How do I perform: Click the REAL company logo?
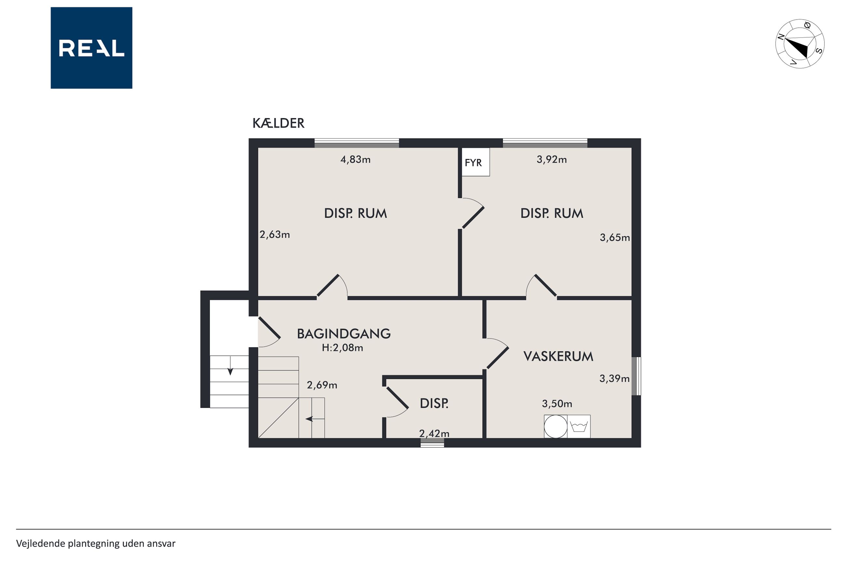pos(91,48)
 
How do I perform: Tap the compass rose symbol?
pos(799,44)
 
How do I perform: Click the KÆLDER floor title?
pos(278,123)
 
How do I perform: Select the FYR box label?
pos(473,163)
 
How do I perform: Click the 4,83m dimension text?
pos(355,159)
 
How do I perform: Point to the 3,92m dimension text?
pos(552,159)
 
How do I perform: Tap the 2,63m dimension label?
pos(275,235)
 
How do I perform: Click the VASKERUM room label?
pos(558,356)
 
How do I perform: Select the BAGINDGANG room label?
pos(344,334)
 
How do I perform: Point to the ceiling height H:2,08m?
pos(342,348)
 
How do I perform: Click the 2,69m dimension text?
pos(322,385)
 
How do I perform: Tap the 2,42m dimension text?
pos(434,433)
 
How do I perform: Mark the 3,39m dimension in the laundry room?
pos(614,378)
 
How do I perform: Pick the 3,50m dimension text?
pos(557,404)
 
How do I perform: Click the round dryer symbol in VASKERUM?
pos(555,427)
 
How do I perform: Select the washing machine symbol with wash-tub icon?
pos(579,427)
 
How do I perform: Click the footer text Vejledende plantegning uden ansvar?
pos(96,543)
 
